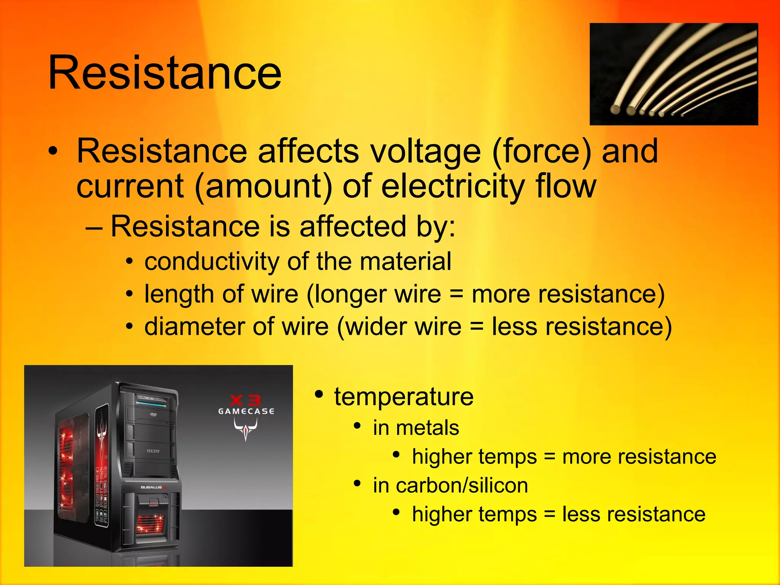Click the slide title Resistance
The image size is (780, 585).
pyautogui.click(x=165, y=72)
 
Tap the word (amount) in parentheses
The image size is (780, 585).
pyautogui.click(x=263, y=186)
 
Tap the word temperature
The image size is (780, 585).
pyautogui.click(x=404, y=397)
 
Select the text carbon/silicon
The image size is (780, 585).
pyautogui.click(x=462, y=486)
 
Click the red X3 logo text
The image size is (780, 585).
pyautogui.click(x=246, y=400)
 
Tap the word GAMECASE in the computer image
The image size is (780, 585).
pyautogui.click(x=246, y=411)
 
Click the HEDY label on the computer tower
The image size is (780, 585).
pyautogui.click(x=153, y=451)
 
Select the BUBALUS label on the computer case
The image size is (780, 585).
pyautogui.click(x=152, y=487)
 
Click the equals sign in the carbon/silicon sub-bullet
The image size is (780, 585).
pyautogui.click(x=549, y=514)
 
